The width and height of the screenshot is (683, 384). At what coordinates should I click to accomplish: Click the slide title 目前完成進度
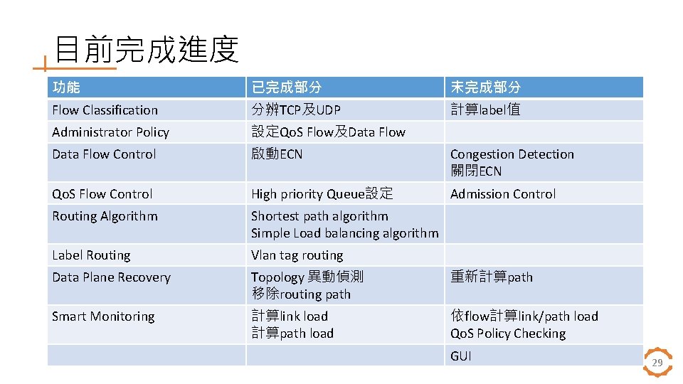tap(147, 49)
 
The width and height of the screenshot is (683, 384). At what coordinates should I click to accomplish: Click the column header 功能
tap(66, 87)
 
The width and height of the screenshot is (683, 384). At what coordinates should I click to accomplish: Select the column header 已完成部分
tap(286, 87)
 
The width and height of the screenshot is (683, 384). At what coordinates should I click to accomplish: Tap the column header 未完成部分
tap(485, 87)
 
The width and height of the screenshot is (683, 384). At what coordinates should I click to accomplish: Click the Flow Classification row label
tap(105, 110)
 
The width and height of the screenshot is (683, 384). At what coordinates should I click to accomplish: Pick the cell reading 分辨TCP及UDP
tap(296, 110)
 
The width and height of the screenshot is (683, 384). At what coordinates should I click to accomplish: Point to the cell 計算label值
tap(485, 110)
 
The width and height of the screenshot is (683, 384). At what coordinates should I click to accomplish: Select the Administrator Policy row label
tap(110, 132)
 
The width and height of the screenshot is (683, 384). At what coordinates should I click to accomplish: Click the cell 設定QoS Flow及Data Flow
tap(328, 132)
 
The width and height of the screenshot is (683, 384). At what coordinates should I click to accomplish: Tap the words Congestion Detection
tap(512, 154)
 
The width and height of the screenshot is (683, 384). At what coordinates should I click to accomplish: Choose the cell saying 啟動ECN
tap(277, 154)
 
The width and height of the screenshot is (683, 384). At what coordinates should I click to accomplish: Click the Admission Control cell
tap(503, 194)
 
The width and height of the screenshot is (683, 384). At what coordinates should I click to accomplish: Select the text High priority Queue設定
tap(322, 194)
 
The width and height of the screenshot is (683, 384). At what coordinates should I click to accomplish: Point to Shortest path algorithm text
tap(319, 216)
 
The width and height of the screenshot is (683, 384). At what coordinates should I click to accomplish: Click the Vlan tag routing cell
tap(297, 255)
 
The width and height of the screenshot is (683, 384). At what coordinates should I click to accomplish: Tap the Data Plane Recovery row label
tap(111, 277)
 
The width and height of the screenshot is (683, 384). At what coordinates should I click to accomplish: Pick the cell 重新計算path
tap(491, 277)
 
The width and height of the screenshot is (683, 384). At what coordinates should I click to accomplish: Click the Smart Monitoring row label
tap(103, 316)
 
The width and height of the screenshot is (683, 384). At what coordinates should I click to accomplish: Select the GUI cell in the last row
tap(461, 356)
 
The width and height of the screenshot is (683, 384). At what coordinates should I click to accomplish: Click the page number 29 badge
tap(657, 363)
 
